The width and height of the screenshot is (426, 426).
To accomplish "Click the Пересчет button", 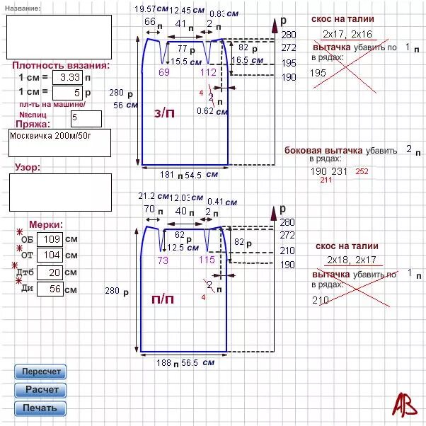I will coord(40,372).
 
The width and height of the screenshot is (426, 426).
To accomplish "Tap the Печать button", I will coord(40,408).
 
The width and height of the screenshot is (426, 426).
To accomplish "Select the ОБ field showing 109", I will coord(49,239).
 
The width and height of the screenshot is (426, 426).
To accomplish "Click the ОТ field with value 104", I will coord(49,255).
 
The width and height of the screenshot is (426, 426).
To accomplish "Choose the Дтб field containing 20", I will coord(49,272).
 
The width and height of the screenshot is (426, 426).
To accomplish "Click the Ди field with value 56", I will coord(49,289).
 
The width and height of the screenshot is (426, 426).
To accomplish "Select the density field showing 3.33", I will coord(68,76).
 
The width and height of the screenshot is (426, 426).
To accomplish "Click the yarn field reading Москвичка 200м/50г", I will coord(59,142).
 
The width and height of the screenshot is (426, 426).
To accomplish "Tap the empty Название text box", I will coord(59,35).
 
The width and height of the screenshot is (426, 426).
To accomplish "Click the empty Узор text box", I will coord(59,192).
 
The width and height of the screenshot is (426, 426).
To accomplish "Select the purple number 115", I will coord(207,260).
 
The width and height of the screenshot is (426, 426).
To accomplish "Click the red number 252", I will coord(362,171).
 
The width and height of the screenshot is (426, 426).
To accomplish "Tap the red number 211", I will coord(326,180).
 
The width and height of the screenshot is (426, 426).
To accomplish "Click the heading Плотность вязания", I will coord(61,65).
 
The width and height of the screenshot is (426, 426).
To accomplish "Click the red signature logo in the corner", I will coord(405,404).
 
